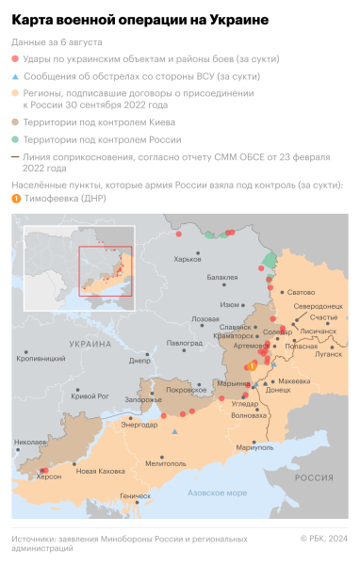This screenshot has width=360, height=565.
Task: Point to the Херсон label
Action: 48,476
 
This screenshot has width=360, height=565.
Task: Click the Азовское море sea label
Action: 217,492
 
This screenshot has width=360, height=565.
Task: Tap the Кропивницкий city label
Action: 41,359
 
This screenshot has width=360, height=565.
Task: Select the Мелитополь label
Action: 166,462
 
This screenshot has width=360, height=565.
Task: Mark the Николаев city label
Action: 30,442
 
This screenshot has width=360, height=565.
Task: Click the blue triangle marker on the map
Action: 174,432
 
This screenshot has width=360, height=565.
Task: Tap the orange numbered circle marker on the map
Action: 251,365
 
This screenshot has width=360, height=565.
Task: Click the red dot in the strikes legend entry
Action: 16,59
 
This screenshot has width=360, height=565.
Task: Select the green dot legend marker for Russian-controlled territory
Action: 16,137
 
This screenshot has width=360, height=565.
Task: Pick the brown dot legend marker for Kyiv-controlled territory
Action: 16,121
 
